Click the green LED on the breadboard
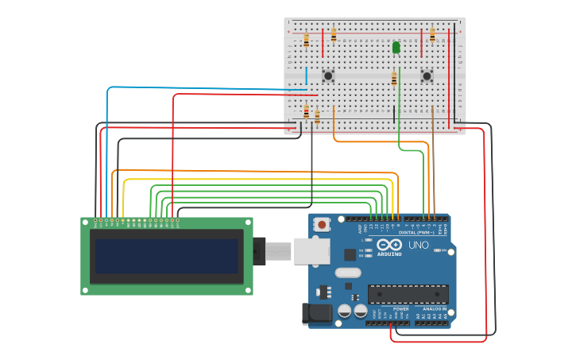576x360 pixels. [x=396, y=48]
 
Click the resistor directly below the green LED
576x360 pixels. [x=394, y=78]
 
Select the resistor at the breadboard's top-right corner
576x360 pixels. [x=432, y=35]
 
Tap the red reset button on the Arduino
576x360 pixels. [x=322, y=225]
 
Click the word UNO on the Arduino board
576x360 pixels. [x=419, y=245]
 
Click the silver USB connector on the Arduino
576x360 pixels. [x=311, y=250]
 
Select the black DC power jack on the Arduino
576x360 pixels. [x=317, y=314]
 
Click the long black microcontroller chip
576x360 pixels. [x=408, y=293]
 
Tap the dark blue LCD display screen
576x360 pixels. [x=166, y=256]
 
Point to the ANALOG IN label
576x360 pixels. [x=434, y=308]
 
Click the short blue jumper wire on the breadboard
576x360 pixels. [x=306, y=76]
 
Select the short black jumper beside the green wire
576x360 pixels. [x=393, y=113]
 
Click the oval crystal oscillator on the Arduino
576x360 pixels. [x=348, y=273]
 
